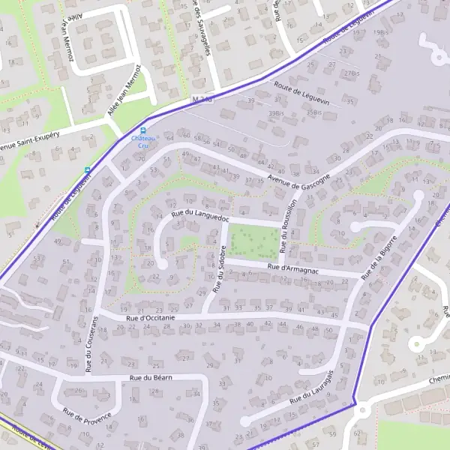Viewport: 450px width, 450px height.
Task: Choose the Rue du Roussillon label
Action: [289, 225]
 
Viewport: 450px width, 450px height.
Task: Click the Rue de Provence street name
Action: [87, 415]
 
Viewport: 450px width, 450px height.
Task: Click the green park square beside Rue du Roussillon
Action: [252, 241]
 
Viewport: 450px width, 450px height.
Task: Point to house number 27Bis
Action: [351, 73]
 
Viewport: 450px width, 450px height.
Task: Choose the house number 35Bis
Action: [313, 112]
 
